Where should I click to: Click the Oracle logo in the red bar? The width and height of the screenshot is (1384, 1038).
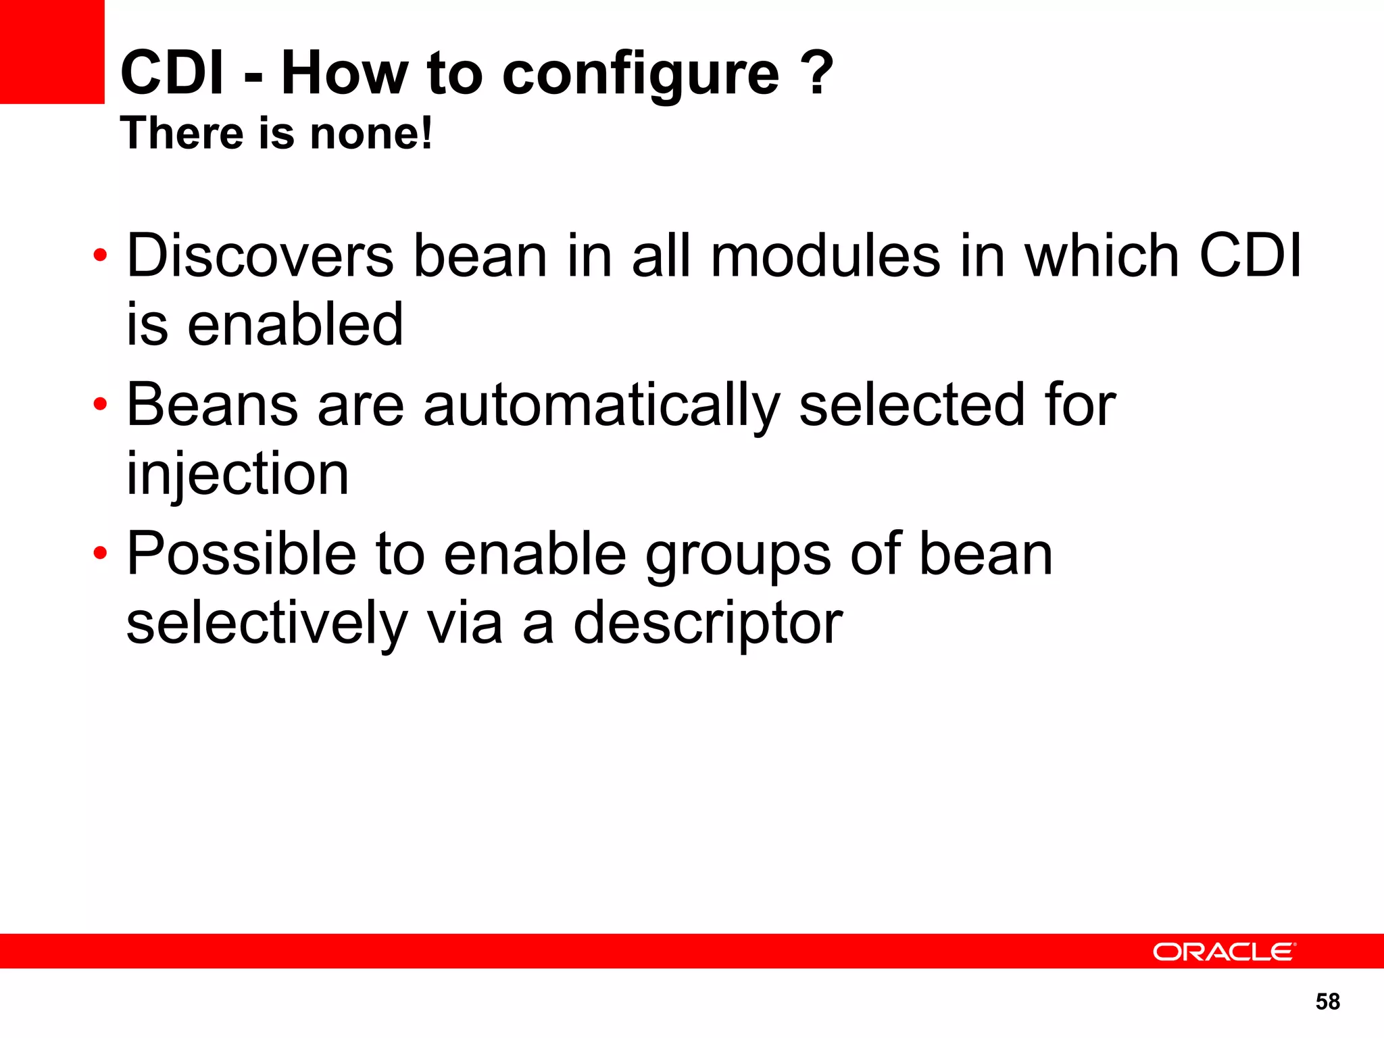coord(1223,951)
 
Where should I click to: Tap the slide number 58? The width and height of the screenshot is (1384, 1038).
coord(1327,1002)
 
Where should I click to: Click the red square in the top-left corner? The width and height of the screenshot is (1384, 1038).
coord(52,52)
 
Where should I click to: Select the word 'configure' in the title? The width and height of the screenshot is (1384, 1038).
coord(641,74)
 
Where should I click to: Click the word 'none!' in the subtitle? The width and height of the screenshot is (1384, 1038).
coord(370,133)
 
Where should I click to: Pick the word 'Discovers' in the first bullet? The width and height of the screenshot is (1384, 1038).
coord(260,256)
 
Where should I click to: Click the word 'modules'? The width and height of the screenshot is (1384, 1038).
coord(825,256)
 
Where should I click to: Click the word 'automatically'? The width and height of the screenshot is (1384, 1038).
coord(601,406)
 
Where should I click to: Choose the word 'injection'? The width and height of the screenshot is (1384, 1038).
coord(238,474)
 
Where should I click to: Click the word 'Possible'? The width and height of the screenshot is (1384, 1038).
coord(241,554)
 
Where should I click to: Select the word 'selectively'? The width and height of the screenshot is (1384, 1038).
coord(267,623)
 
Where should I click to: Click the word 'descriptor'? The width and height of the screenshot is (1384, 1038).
coord(708,624)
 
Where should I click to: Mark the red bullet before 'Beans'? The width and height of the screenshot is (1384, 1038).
coord(100,405)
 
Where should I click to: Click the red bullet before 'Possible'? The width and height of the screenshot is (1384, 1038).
coord(100,553)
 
